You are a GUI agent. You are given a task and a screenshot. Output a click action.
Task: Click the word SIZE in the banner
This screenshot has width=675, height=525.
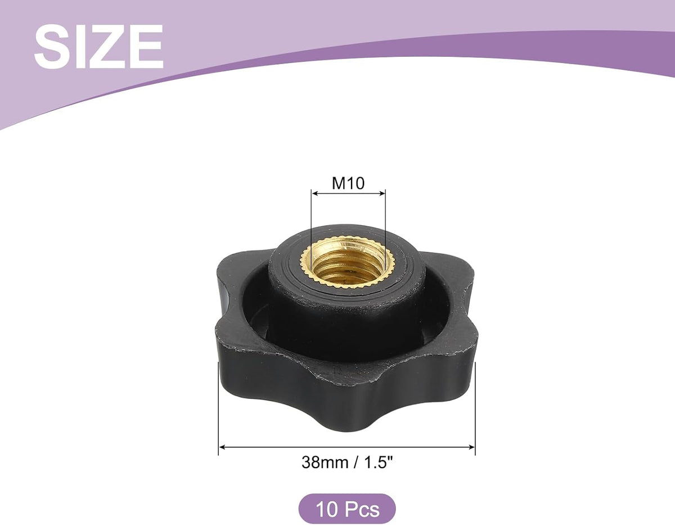[99, 47]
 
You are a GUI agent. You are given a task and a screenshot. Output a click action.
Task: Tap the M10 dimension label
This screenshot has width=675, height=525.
[348, 183]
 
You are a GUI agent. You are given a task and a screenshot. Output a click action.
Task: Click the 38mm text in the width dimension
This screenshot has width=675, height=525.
[325, 463]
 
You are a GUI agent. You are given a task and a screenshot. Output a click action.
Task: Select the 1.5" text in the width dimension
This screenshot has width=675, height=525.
[379, 462]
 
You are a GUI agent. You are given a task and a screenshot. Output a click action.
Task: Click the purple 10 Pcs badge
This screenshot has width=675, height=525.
[347, 509]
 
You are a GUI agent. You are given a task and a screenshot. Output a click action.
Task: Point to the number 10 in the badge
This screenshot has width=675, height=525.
[328, 509]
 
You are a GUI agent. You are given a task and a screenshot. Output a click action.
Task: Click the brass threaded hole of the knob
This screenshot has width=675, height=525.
[348, 266]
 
